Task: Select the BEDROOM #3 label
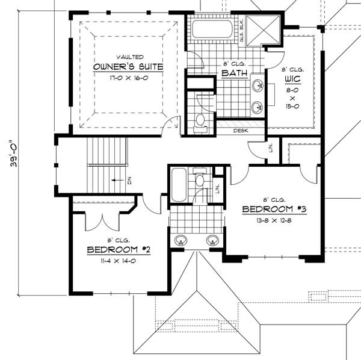click(274, 209)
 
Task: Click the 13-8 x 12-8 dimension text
click(274, 220)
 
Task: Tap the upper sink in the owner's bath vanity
click(257, 85)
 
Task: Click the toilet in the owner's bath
click(200, 120)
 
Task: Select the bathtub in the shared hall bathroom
click(179, 185)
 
